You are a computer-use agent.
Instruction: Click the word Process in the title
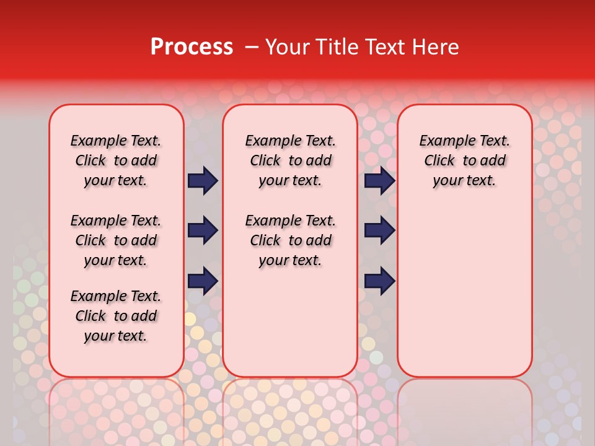(192, 47)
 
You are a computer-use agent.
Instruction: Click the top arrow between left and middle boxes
(203, 181)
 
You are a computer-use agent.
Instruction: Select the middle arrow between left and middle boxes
(203, 231)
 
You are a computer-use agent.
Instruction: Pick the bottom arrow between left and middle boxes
(203, 281)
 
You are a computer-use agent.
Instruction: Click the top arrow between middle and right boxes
(379, 181)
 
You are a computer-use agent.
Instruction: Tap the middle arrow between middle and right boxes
(379, 231)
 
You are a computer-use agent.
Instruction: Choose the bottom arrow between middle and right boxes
(379, 281)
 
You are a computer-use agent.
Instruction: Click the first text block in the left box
(116, 160)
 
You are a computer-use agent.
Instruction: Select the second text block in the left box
(116, 240)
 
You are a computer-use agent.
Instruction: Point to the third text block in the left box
(116, 316)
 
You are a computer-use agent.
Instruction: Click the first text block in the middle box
(290, 160)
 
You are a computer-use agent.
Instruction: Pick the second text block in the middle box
(290, 240)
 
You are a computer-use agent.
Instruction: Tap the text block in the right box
(464, 160)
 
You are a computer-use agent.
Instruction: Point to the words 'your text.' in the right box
(464, 181)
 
